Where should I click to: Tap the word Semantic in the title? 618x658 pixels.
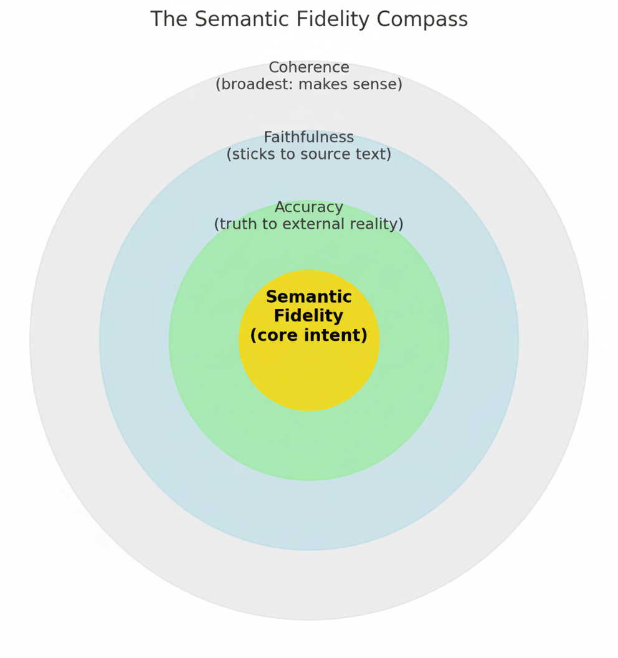(x=236, y=19)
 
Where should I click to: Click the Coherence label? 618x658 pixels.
(x=309, y=67)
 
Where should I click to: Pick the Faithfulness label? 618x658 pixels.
(x=309, y=137)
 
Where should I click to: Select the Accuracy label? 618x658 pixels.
(x=309, y=207)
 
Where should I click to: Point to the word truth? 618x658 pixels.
(x=236, y=224)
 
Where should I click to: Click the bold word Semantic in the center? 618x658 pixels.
(x=309, y=297)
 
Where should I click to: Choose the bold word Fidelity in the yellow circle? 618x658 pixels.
(x=309, y=317)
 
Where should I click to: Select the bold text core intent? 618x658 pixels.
(x=309, y=336)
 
